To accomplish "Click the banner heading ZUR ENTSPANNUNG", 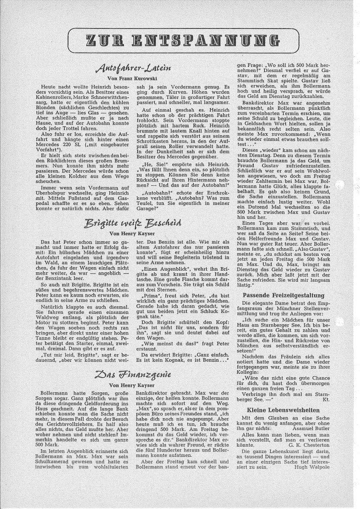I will click(180, 40).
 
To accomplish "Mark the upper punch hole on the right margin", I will click(340, 185).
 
